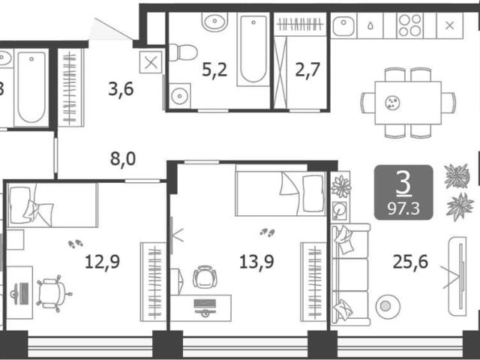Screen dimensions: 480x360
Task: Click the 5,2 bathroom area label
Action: click(x=214, y=70)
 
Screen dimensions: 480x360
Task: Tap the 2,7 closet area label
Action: click(x=307, y=70)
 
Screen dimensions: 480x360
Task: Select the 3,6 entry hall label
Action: click(x=121, y=89)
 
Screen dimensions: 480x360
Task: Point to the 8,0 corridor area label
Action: click(x=123, y=159)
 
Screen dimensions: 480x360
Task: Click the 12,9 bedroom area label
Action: click(x=102, y=262)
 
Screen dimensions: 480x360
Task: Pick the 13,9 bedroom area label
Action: click(x=256, y=262)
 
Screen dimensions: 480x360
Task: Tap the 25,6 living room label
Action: click(x=410, y=262)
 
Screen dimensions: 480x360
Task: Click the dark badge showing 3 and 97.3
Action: click(x=403, y=193)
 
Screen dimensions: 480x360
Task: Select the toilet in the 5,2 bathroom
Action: click(x=183, y=52)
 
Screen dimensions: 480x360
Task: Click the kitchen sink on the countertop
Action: click(x=343, y=25)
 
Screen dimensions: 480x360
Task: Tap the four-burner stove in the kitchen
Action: click(x=410, y=25)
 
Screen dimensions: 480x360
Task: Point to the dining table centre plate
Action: click(x=392, y=103)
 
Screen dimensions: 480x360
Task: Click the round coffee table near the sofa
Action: click(x=388, y=307)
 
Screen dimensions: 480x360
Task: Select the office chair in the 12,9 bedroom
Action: click(x=53, y=293)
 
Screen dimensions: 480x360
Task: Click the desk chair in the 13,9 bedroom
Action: click(x=205, y=277)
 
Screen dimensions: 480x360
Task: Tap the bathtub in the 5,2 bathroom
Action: click(x=253, y=49)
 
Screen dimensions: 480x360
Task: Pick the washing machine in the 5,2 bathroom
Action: click(x=180, y=96)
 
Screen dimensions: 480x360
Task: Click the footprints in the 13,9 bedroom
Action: click(x=267, y=233)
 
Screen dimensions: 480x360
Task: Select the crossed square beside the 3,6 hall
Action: click(x=151, y=62)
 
